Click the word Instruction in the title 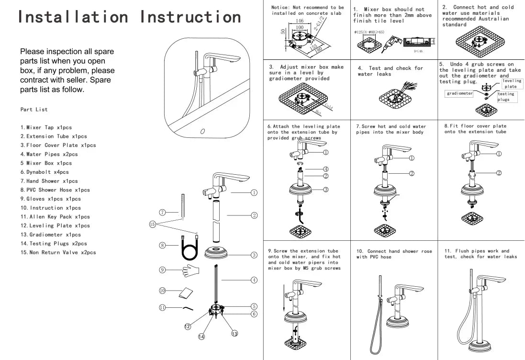coord(190,17)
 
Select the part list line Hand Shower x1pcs coord(49,181)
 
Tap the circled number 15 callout coord(152,224)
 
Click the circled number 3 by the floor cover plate coord(254,254)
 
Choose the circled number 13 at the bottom coord(235,334)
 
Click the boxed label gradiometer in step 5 coord(459,94)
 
